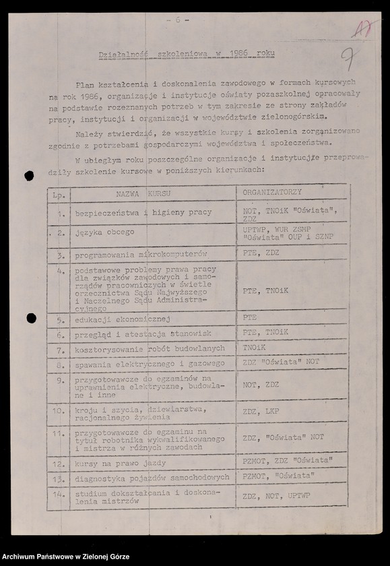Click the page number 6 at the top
click(x=178, y=20)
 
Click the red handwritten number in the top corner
click(x=364, y=29)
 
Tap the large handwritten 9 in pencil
click(x=349, y=59)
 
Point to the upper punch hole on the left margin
click(x=29, y=176)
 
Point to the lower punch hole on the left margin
click(x=31, y=318)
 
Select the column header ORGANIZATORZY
click(x=272, y=192)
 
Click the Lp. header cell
click(x=59, y=193)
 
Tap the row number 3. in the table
click(x=61, y=256)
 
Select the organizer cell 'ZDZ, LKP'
click(x=261, y=413)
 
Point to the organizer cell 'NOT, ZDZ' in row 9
click(x=261, y=385)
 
